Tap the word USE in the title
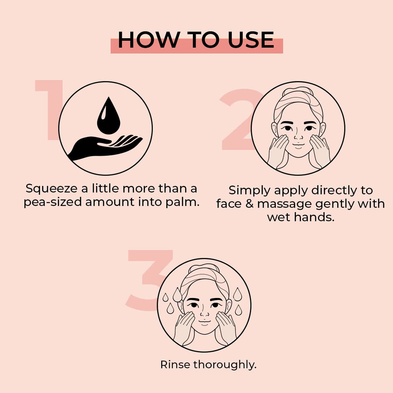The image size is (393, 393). [251, 40]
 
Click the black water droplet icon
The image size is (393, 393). [108, 115]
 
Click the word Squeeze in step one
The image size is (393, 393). [51, 189]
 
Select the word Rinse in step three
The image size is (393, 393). [176, 365]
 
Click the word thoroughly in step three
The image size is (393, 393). [225, 365]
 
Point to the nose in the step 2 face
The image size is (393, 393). [298, 136]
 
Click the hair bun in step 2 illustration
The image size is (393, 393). [298, 92]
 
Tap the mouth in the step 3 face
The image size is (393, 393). [204, 323]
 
